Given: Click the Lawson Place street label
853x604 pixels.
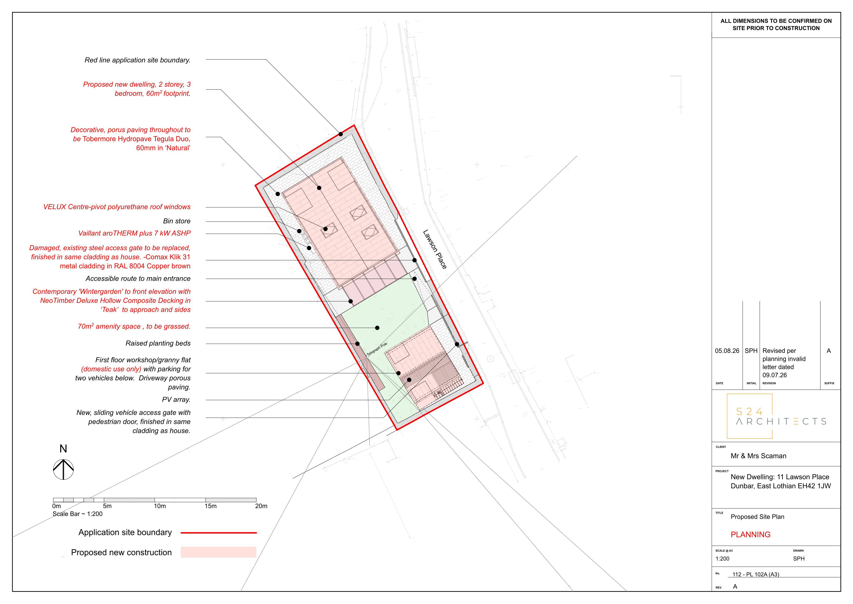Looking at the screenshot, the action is tap(435, 249).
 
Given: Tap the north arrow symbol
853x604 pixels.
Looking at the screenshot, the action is tap(63, 469).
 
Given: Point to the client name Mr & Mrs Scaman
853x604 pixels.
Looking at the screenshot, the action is tap(758, 456).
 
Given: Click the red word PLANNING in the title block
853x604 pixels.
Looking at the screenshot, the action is tap(751, 534).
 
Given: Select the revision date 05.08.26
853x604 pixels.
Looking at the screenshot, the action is tap(727, 351).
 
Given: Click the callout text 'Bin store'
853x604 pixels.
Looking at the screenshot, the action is tap(177, 221).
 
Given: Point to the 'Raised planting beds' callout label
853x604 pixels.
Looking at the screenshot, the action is tap(158, 343).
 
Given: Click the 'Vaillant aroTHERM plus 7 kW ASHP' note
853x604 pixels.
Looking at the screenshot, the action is tap(135, 233).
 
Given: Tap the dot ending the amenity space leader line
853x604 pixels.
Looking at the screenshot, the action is tap(377, 328).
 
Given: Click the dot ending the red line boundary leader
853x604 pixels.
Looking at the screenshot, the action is tap(341, 134).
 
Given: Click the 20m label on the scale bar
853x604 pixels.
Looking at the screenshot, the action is tap(261, 506).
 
